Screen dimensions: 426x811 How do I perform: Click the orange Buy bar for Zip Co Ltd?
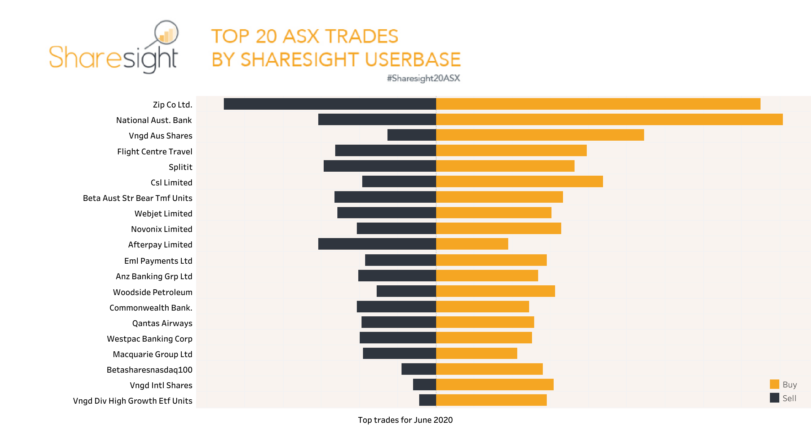pyautogui.click(x=598, y=104)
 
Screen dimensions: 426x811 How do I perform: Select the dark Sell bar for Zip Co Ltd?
pyautogui.click(x=330, y=104)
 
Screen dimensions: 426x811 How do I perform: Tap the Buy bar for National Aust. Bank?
pyautogui.click(x=609, y=119)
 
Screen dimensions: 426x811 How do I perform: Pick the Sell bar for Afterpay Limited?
pyautogui.click(x=377, y=244)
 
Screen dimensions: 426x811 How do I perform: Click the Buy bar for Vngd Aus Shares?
pyautogui.click(x=540, y=135)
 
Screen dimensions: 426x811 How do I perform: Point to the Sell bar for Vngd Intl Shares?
pyautogui.click(x=425, y=385)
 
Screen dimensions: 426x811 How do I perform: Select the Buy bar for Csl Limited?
pyautogui.click(x=519, y=181)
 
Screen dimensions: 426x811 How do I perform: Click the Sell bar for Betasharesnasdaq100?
pyautogui.click(x=419, y=369)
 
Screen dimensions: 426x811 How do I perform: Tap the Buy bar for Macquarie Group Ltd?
pyautogui.click(x=477, y=353)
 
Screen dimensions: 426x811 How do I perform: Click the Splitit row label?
pyautogui.click(x=180, y=167)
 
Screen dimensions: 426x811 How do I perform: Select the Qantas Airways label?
pyautogui.click(x=162, y=323)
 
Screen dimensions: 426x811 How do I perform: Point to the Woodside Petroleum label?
pyautogui.click(x=152, y=292)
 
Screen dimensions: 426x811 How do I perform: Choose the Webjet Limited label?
pyautogui.click(x=163, y=214)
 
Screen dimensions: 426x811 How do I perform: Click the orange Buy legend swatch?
pyautogui.click(x=774, y=384)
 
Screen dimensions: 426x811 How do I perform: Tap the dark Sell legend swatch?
pyautogui.click(x=774, y=398)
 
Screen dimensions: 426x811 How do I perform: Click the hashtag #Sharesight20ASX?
pyautogui.click(x=423, y=78)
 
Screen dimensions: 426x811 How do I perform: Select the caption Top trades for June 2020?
pyautogui.click(x=405, y=420)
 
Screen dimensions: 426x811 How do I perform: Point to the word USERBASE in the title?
pyautogui.click(x=413, y=60)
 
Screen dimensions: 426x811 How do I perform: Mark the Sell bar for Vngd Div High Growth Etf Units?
pyautogui.click(x=427, y=400)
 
